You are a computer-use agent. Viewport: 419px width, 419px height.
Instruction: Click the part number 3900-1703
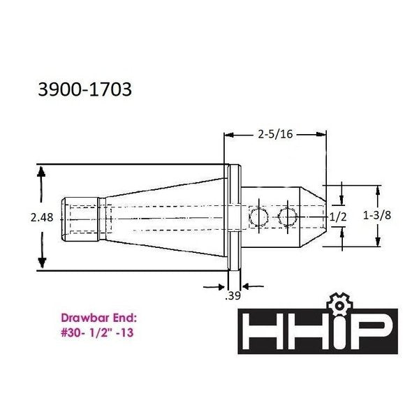[85, 89]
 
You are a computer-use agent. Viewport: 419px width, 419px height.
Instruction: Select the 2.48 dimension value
[42, 217]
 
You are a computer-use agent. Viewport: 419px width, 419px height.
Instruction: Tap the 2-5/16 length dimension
[276, 134]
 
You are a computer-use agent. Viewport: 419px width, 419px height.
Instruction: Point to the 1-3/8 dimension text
[377, 215]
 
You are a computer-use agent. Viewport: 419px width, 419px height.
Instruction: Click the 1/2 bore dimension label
[338, 216]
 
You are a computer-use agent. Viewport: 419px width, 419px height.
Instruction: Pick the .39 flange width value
[233, 296]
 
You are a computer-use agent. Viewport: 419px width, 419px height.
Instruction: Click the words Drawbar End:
[99, 318]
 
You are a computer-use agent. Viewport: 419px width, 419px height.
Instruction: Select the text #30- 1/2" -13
[97, 332]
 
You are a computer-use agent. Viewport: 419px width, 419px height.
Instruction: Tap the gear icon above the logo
[339, 304]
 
